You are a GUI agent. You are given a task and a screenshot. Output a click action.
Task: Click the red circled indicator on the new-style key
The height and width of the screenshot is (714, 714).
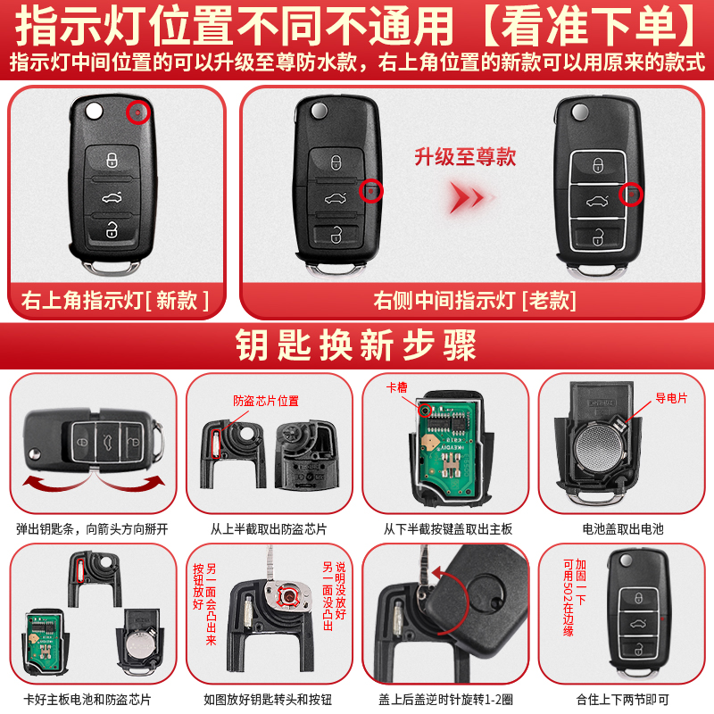tap(138, 112)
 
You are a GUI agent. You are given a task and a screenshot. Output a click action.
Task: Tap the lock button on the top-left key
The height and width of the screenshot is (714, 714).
tap(112, 160)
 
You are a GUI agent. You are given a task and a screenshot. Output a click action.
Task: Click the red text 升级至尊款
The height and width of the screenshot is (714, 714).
tap(465, 157)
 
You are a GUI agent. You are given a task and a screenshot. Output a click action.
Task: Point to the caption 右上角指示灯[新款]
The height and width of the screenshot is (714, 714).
tap(115, 301)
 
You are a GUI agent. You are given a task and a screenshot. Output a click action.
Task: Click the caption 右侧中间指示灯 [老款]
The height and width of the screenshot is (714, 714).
tap(475, 301)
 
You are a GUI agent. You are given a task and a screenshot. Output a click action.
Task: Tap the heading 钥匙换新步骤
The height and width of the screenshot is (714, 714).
tap(356, 345)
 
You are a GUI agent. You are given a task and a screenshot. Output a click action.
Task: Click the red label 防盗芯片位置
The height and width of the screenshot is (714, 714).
tap(266, 401)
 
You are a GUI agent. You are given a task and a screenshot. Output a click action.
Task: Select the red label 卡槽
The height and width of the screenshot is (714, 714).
tap(396, 387)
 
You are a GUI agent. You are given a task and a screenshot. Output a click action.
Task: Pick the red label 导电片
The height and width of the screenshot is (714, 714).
tap(671, 398)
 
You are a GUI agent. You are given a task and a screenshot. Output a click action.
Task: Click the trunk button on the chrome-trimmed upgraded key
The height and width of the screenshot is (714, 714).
tap(598, 200)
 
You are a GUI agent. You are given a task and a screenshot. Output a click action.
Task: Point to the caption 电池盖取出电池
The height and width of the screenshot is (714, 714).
tap(622, 528)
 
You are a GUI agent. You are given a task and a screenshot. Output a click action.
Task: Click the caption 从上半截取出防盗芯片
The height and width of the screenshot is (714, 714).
tap(269, 528)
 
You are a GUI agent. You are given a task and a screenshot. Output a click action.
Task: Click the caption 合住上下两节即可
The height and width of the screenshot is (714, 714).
tap(622, 699)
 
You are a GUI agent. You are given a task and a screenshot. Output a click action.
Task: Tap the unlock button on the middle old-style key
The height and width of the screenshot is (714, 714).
tap(336, 236)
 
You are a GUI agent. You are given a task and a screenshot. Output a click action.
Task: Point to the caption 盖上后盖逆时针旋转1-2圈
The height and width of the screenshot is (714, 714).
tap(445, 699)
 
